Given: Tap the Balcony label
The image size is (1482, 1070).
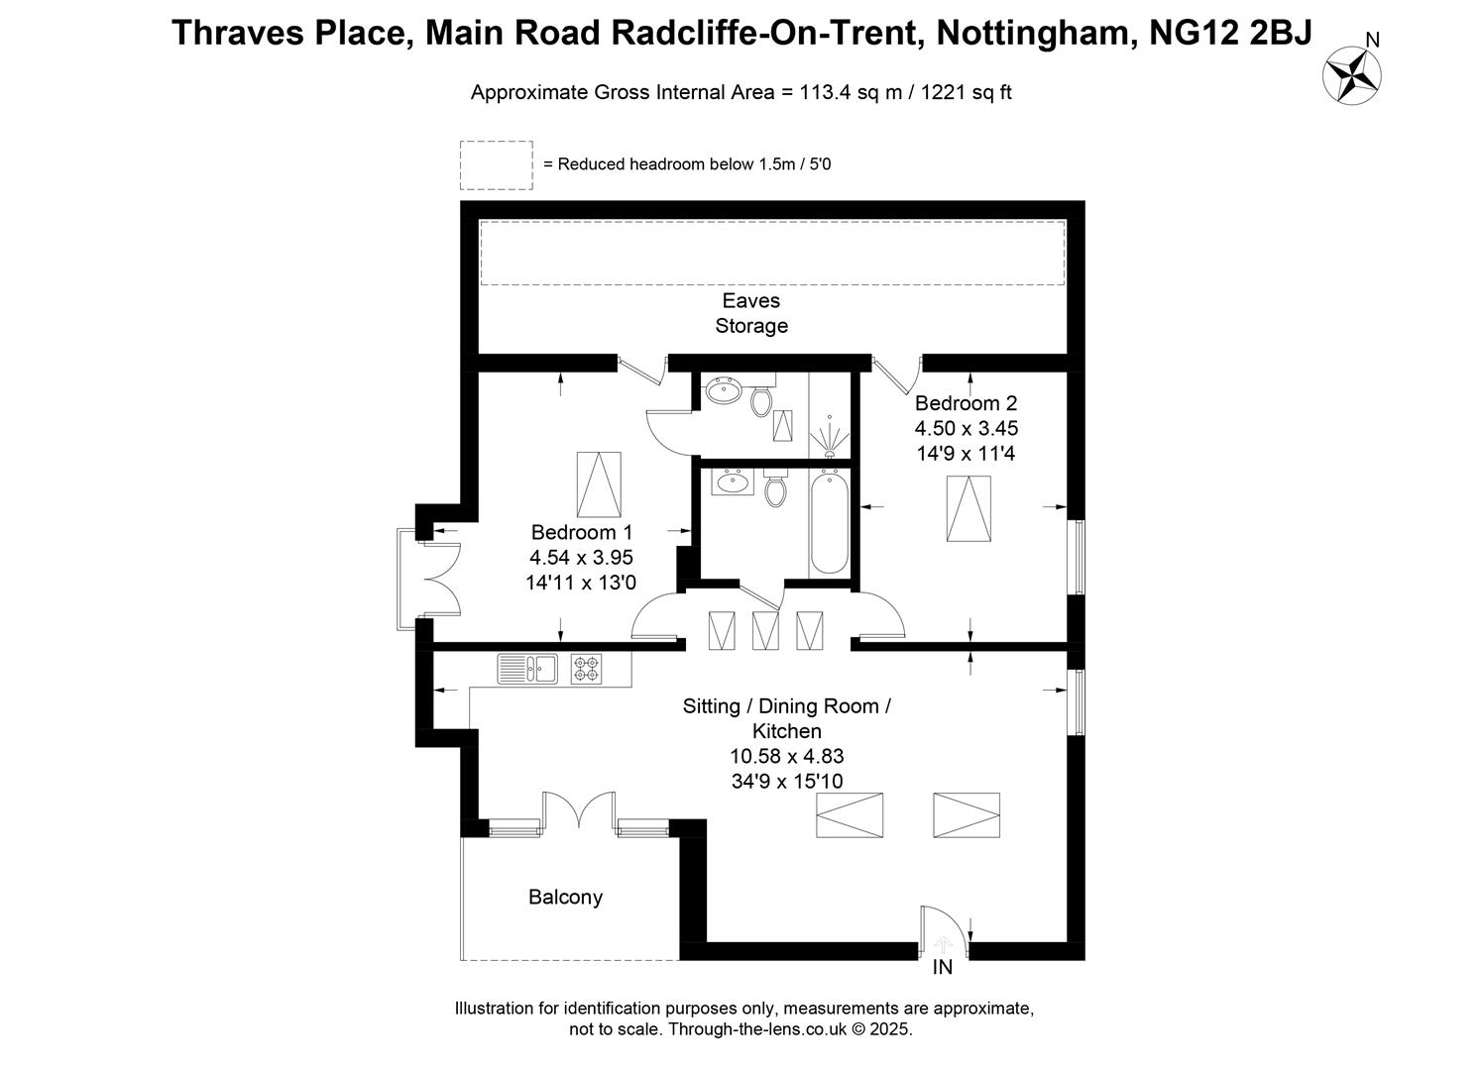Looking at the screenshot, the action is click(566, 898).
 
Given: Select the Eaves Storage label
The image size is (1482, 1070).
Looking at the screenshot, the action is click(751, 313).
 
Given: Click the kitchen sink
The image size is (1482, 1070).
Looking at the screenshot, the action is click(527, 669).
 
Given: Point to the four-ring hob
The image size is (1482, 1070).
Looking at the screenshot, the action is click(586, 669).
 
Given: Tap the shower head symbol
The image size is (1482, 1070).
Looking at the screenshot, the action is click(829, 437).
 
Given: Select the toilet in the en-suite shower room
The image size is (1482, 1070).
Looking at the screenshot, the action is click(761, 396).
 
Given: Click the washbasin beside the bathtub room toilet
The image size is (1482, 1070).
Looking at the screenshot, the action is click(733, 481).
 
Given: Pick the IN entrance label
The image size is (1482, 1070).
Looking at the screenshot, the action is click(942, 968).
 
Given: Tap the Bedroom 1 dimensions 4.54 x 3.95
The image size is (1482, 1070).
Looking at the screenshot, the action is click(581, 558).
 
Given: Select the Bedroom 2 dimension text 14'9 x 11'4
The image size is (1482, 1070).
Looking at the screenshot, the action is click(966, 454).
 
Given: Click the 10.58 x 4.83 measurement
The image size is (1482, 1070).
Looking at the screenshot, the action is click(787, 756).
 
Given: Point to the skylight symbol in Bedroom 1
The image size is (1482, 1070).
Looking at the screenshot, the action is click(599, 484).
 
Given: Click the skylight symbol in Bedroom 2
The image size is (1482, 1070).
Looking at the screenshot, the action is click(969, 509).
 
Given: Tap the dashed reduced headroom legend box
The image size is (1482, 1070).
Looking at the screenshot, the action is click(497, 165).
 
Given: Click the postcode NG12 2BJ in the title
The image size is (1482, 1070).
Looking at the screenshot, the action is click(1230, 33).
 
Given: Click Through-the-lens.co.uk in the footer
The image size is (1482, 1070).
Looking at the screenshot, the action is click(757, 1029).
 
